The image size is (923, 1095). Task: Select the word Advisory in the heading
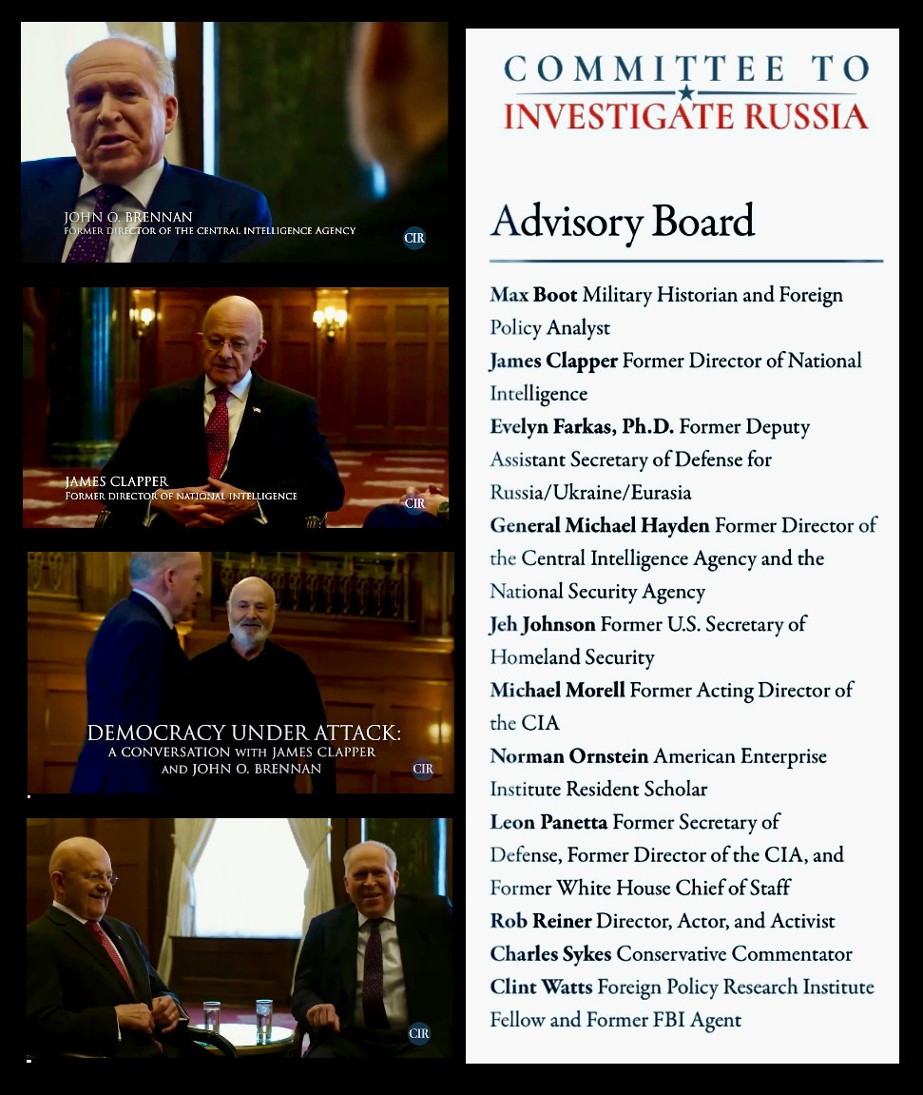(x=551, y=221)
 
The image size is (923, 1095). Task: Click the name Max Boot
(x=533, y=295)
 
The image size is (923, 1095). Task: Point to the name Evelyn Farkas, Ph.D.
(x=582, y=427)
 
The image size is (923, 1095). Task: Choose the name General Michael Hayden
(x=599, y=526)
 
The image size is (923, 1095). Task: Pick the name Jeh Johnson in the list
(x=542, y=625)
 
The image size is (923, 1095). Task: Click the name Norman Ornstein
(x=568, y=756)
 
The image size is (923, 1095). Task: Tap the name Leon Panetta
(x=548, y=822)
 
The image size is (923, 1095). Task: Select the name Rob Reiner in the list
(x=539, y=921)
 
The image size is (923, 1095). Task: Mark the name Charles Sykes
(x=550, y=954)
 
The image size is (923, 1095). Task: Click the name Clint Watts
(x=540, y=987)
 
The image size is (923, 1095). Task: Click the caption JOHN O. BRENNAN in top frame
(x=127, y=218)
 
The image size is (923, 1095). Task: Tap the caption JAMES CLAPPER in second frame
(x=116, y=481)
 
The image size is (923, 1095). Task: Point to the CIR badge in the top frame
(x=414, y=238)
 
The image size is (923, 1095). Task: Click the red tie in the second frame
(x=218, y=434)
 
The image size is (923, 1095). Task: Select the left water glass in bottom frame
(x=211, y=1016)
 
